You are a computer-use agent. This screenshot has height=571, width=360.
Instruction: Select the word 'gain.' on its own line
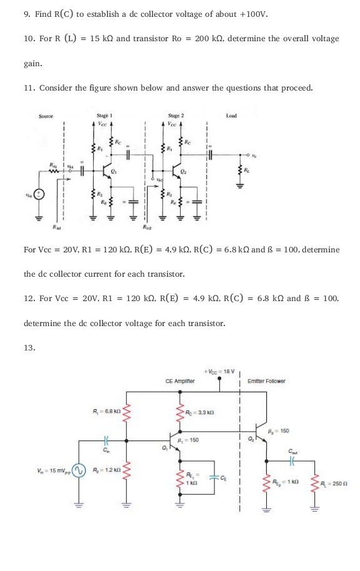tap(33, 63)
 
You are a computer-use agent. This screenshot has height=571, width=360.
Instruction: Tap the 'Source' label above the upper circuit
tap(46, 116)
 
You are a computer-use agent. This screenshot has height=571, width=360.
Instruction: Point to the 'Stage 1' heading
tap(103, 116)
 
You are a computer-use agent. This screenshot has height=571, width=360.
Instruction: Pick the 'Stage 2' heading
tap(176, 116)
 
